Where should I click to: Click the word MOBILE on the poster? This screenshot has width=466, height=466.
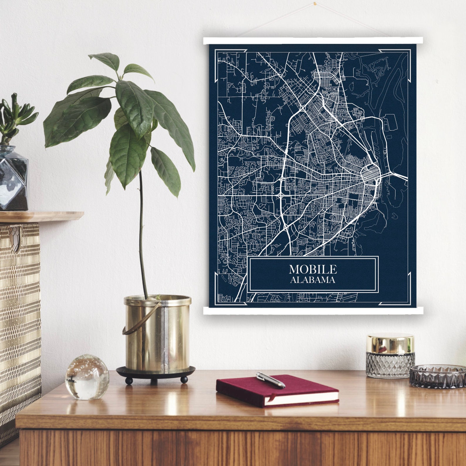[313, 269]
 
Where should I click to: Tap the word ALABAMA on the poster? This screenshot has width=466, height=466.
[313, 280]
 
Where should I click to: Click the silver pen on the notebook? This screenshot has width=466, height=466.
[270, 380]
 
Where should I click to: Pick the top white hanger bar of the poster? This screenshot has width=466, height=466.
[313, 41]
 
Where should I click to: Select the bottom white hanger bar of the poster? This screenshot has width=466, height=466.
[313, 311]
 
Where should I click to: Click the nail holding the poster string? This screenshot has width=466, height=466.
[315, 4]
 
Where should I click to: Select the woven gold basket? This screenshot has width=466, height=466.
[19, 318]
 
